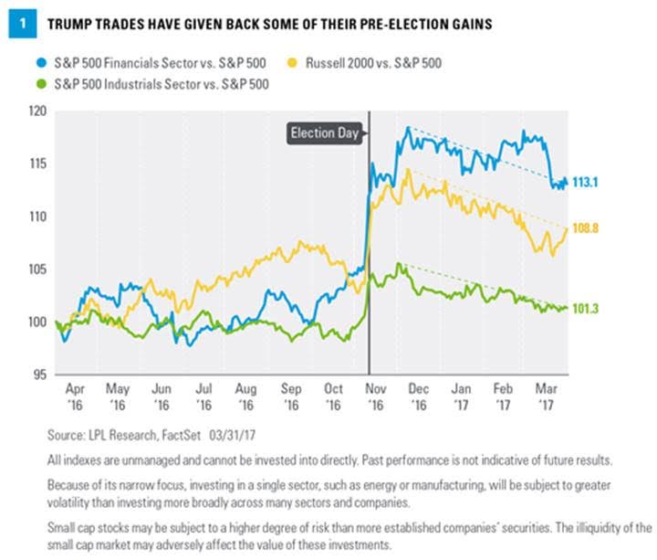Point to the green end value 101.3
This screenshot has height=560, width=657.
pyautogui.click(x=590, y=308)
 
